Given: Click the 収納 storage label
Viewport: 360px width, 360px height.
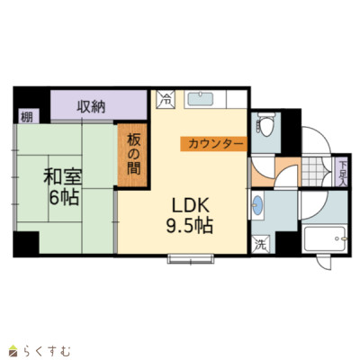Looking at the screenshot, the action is coord(91,107).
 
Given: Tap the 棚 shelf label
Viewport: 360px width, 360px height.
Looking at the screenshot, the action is coord(26,117).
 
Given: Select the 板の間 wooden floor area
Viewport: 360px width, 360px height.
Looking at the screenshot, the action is coord(132,155).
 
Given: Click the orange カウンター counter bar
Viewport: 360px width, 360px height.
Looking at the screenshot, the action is coord(213,144).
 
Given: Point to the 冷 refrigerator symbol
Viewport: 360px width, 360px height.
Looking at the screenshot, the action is coord(165,99).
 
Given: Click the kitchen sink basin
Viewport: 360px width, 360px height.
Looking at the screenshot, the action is coord(201,99).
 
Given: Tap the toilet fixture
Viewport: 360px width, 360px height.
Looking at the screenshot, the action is coord(265,124).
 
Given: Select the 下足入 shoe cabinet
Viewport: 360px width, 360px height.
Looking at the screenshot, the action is coord(342,174).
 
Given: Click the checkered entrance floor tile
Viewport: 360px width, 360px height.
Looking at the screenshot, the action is coord(314,172).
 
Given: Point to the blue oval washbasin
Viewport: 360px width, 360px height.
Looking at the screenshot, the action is coord(257,205).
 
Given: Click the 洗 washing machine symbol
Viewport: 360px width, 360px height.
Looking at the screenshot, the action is coord(260,245).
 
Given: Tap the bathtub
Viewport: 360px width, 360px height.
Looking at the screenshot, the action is coord(325,239).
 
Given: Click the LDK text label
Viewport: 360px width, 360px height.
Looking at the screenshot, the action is coord(190,206).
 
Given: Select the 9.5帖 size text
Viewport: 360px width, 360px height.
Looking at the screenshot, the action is coord(190,226).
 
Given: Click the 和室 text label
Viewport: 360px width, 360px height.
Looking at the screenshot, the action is coord(62,177).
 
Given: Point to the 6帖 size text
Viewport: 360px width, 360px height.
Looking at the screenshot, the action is coord(64,197).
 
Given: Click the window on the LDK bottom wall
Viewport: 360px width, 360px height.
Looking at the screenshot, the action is coord(191,258).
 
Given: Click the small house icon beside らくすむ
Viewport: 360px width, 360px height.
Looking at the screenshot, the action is coord(14,351).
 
